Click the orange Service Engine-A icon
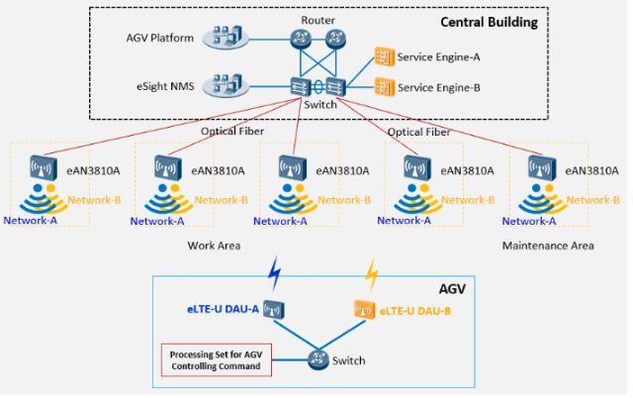point(382,57)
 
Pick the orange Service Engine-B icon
point(382,87)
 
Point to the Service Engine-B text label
point(438,87)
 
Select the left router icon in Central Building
point(300,40)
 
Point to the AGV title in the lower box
point(453,289)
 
